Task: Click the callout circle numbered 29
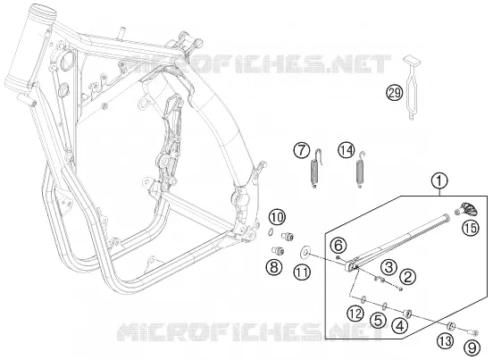(x=395, y=93)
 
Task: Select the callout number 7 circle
(x=302, y=151)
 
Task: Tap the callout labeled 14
(x=347, y=151)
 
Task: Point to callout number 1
(x=440, y=180)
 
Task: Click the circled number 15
(x=471, y=227)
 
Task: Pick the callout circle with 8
(x=274, y=268)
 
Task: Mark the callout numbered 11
(x=302, y=272)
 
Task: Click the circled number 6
(x=338, y=246)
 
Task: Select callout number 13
(x=446, y=341)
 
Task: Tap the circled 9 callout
(x=472, y=347)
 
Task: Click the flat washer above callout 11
(x=305, y=252)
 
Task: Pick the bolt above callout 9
(x=473, y=331)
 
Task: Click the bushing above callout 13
(x=451, y=326)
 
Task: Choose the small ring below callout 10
(x=270, y=232)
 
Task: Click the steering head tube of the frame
(x=30, y=47)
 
